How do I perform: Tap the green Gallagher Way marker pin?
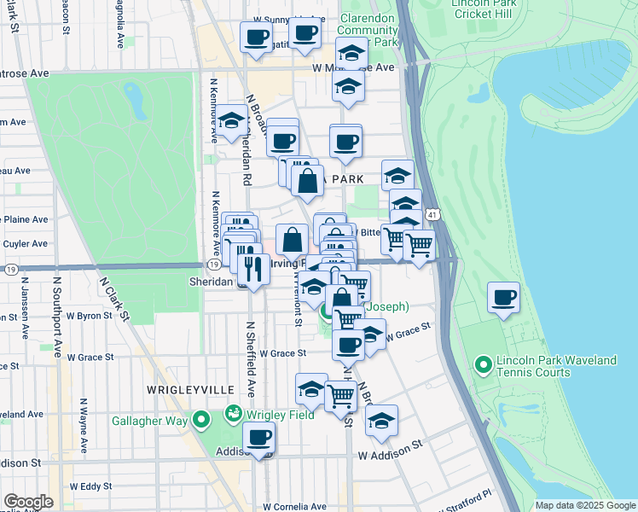[201, 420]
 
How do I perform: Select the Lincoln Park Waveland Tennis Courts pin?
[483, 367]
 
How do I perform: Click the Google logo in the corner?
[28, 502]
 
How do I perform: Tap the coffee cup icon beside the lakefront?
[504, 298]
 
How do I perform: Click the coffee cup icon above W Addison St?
[258, 438]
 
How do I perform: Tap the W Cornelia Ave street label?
[291, 506]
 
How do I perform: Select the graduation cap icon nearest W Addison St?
[381, 421]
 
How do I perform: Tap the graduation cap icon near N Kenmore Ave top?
[230, 122]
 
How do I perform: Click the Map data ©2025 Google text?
[585, 505]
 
